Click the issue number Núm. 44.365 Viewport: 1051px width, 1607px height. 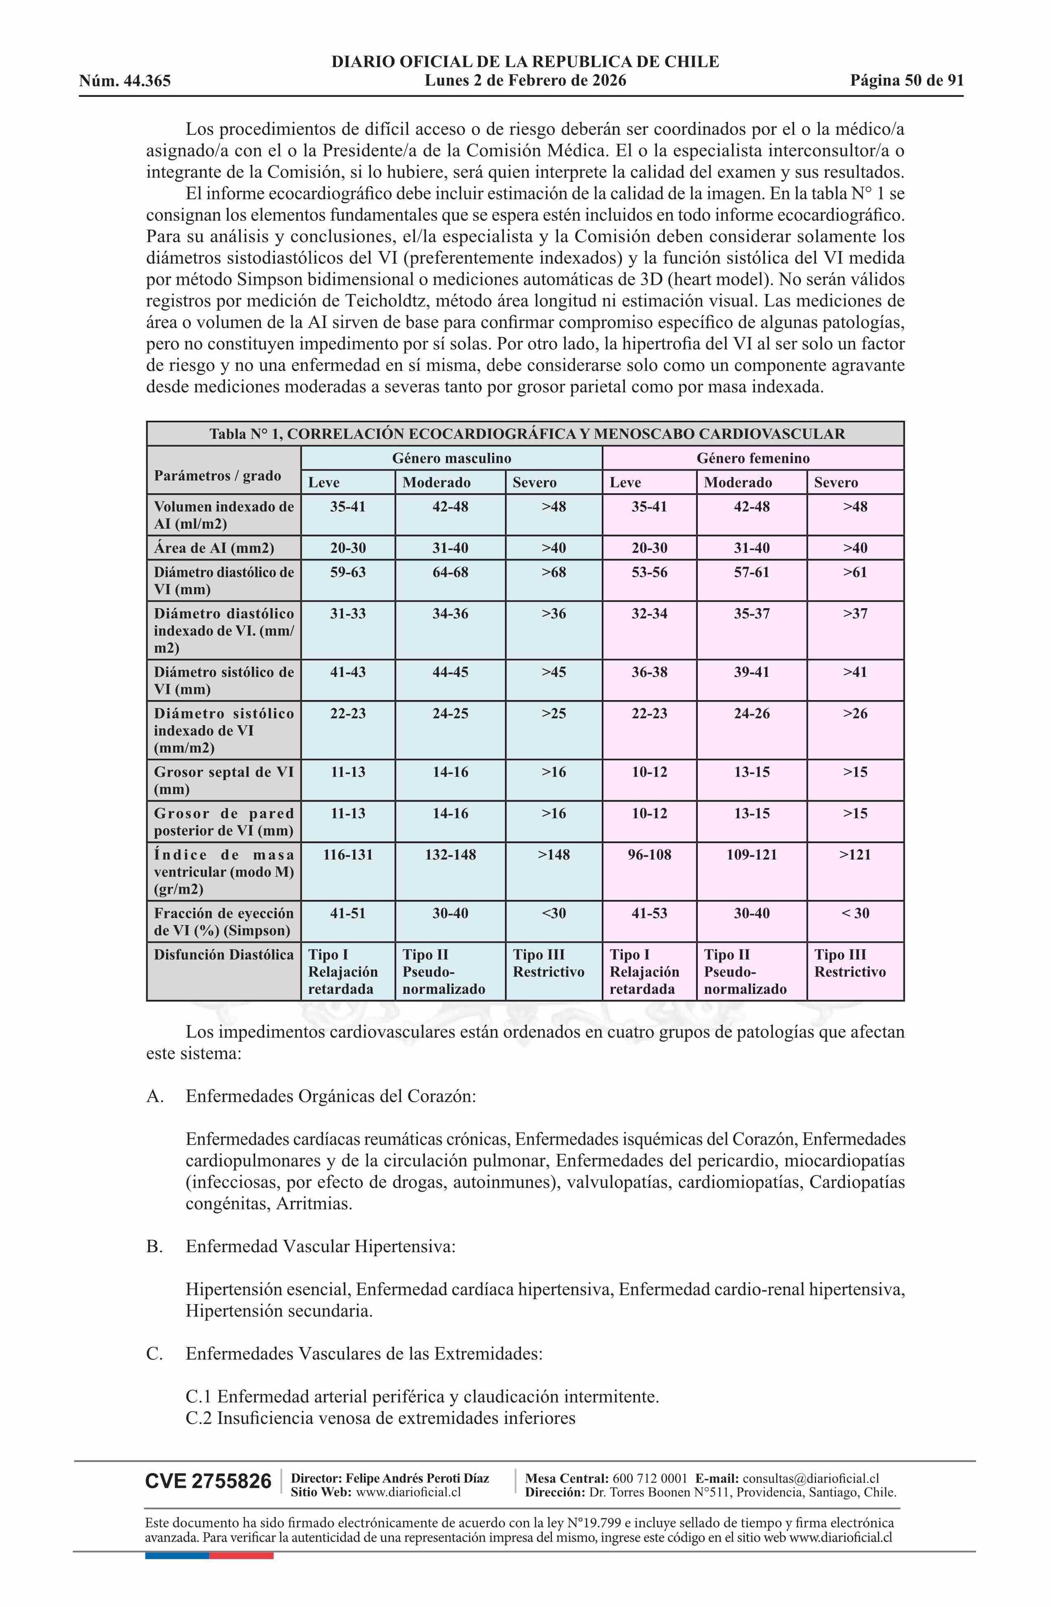coord(125,82)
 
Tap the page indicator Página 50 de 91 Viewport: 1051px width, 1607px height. coord(906,81)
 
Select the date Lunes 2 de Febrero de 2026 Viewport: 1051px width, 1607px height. coord(525,81)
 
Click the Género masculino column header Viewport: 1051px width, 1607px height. coord(451,459)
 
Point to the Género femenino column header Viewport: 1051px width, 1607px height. coord(753,459)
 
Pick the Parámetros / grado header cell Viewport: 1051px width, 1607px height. coord(218,476)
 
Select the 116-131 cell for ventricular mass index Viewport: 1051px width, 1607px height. coord(348,855)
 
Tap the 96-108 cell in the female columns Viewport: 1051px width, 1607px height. coord(649,855)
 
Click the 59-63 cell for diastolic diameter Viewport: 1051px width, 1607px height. coord(348,573)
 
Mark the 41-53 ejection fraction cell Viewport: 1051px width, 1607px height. coord(649,914)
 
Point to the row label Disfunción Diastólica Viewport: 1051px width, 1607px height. coord(223,955)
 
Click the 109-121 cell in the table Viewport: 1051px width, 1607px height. coord(752,855)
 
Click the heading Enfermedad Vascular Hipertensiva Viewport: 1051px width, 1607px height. coord(320,1246)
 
